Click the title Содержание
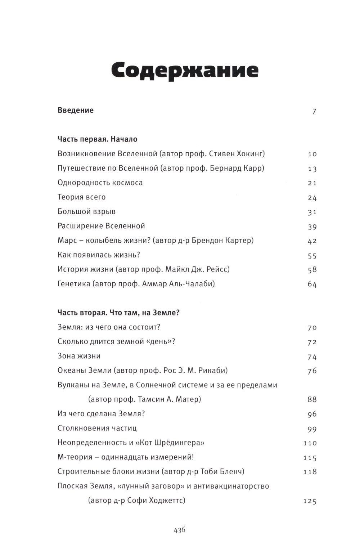tap(184, 70)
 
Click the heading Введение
tap(76, 110)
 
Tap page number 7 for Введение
tap(314, 111)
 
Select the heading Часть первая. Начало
tap(97, 139)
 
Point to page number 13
tap(312, 169)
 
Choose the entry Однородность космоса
tap(100, 183)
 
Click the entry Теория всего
tap(81, 197)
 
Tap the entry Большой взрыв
tap(86, 212)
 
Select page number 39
tap(312, 227)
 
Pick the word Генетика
tap(74, 284)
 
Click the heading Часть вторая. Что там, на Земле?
tap(118, 313)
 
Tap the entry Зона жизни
tap(79, 356)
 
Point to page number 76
tap(312, 371)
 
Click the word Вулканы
tap(73, 385)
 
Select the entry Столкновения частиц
tap(97, 429)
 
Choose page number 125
tap(310, 501)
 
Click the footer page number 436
tap(179, 530)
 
